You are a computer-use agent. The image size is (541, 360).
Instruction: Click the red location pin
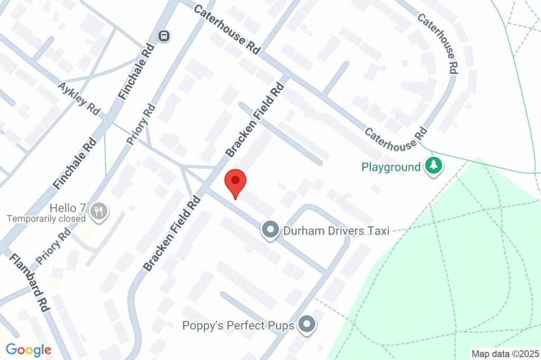[236, 183]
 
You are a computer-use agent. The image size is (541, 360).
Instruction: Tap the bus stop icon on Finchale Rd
[164, 36]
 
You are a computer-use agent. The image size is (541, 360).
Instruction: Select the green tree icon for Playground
[434, 167]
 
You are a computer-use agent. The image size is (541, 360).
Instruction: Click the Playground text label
[391, 167]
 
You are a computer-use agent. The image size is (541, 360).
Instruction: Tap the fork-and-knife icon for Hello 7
[99, 211]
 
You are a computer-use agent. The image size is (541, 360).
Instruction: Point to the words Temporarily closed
[46, 219]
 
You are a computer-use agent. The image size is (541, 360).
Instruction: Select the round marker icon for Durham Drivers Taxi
[270, 230]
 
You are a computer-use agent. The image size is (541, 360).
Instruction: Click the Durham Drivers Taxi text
[336, 231]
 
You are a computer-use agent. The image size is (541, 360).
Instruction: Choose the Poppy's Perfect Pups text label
[238, 325]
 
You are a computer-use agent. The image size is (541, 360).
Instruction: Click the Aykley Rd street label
[80, 98]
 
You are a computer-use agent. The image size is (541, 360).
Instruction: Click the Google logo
[29, 349]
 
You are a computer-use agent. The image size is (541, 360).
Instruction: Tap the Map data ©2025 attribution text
[505, 354]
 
